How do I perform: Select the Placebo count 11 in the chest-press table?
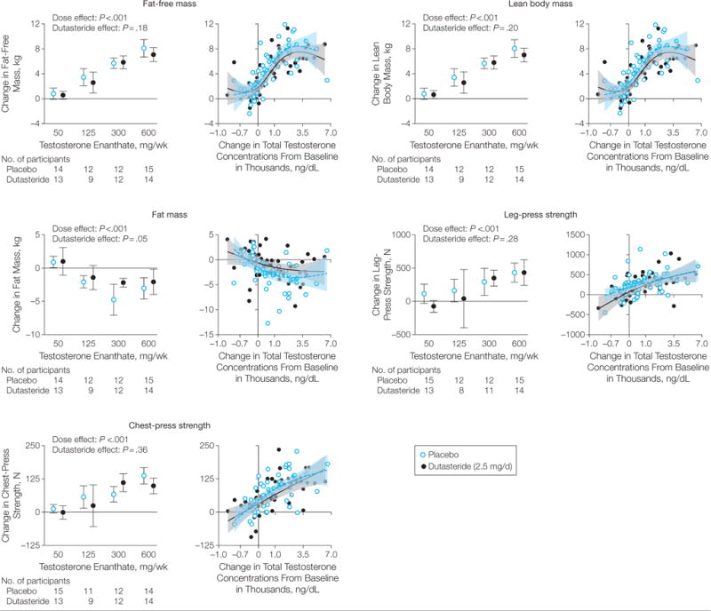(84, 589)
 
